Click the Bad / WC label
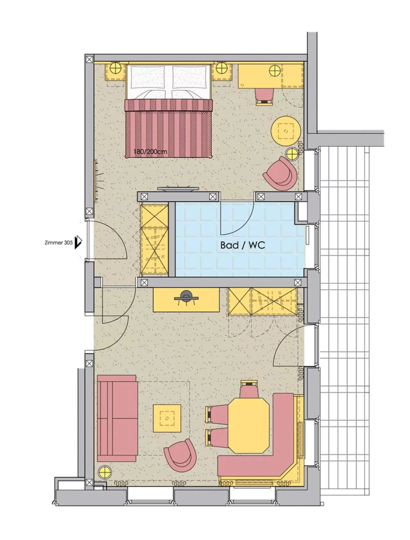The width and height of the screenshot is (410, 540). (x=243, y=245)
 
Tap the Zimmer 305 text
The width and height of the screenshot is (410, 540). (x=59, y=243)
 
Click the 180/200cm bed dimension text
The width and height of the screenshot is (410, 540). (x=151, y=151)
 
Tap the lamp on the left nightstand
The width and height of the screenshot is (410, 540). (x=115, y=68)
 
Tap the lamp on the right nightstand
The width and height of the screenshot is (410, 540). (x=221, y=68)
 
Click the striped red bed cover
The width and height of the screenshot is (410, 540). (x=169, y=128)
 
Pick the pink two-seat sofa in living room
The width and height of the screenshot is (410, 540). (x=117, y=418)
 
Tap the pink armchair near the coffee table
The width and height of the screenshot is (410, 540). (x=180, y=456)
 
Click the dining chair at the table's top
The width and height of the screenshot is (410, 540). (x=250, y=389)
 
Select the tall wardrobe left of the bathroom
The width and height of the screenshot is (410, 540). (x=155, y=240)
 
